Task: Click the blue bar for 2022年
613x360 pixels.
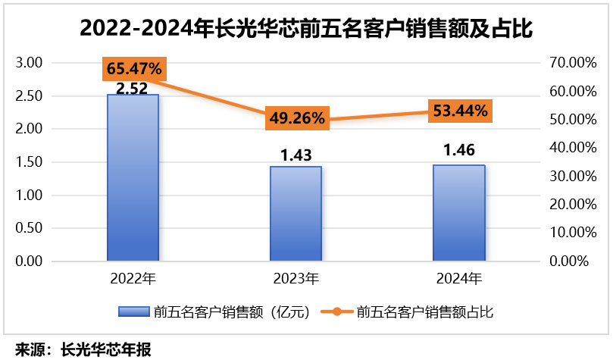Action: click(133, 178)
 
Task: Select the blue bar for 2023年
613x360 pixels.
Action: click(296, 214)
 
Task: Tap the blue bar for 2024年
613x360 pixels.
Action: click(458, 213)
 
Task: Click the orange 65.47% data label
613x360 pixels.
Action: click(134, 69)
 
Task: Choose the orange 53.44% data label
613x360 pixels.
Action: click(460, 111)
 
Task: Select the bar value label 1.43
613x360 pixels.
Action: click(296, 155)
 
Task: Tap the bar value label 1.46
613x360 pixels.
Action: click(458, 152)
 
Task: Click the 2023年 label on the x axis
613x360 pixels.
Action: click(296, 279)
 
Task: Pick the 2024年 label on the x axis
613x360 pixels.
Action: click(458, 279)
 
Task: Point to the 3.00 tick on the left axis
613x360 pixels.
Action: click(29, 63)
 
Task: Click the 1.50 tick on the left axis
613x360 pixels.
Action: click(29, 162)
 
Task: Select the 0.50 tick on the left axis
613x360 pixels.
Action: click(29, 228)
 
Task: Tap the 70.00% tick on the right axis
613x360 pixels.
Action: click(566, 63)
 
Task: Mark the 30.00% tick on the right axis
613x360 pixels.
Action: click(566, 176)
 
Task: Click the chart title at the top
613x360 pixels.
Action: click(306, 29)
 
